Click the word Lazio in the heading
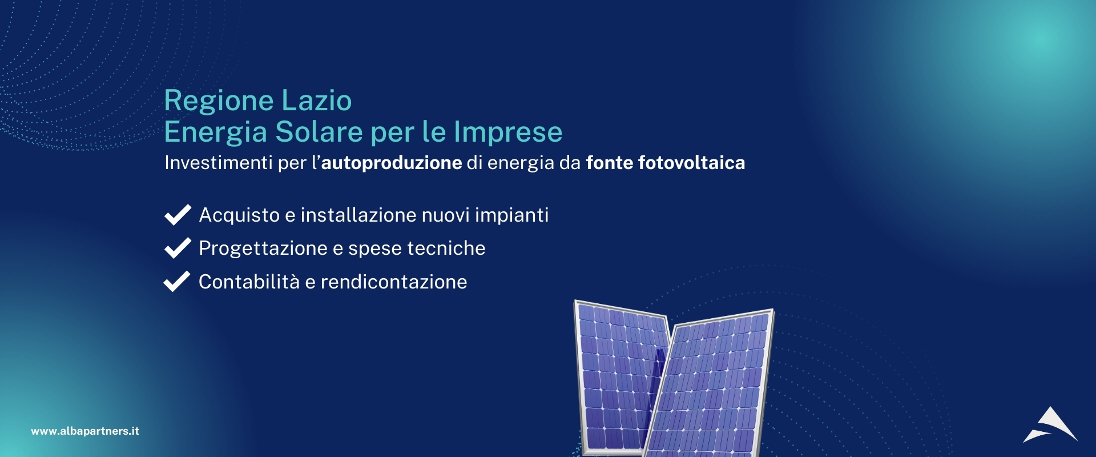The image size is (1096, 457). coord(316,101)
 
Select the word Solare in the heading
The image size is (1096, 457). coord(319,132)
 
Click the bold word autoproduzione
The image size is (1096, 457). coord(392,163)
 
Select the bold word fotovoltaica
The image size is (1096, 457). coord(691,163)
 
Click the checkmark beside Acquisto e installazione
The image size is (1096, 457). coord(178,215)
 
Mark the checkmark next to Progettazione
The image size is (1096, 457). coord(178,248)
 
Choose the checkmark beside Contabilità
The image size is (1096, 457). coord(177,281)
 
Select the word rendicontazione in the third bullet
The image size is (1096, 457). coord(394,282)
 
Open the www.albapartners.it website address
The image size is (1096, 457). coord(85,431)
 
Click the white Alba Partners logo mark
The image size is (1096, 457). coord(1050,426)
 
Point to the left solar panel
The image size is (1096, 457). coord(619,377)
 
